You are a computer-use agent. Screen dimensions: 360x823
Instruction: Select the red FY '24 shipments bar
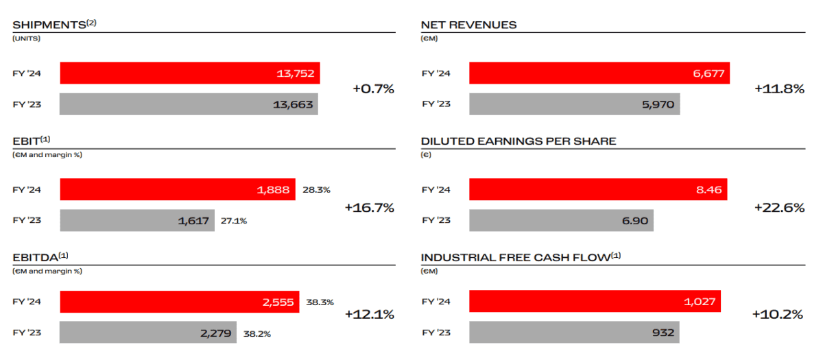pos(189,73)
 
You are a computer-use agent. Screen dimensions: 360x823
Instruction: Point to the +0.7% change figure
pos(374,88)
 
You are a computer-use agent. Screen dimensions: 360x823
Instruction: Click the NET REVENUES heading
pos(468,25)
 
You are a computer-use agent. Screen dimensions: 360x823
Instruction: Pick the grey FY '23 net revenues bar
pos(574,104)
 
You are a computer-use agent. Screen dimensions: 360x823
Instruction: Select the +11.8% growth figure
pos(779,88)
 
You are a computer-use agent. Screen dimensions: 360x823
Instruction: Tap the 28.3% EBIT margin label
pos(316,190)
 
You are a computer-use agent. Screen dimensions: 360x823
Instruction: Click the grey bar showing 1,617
pos(137,221)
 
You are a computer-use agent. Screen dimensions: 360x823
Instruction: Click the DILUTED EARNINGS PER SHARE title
pos(518,141)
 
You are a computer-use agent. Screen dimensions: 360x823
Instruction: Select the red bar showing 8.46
pos(597,190)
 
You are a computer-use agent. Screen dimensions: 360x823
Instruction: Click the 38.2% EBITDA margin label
pos(257,333)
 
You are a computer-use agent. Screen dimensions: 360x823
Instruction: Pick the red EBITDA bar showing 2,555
pos(179,302)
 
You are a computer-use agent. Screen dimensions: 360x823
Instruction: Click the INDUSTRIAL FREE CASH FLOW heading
pos(516,258)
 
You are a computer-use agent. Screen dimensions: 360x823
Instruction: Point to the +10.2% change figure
pos(777,314)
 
